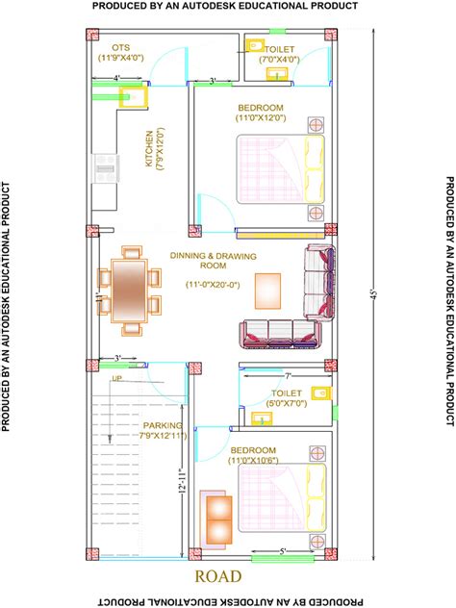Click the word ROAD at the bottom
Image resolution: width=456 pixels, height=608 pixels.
(218, 577)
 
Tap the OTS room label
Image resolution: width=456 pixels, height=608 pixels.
(120, 47)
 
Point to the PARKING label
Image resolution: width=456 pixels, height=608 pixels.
(163, 424)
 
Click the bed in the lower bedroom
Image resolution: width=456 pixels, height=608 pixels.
(281, 498)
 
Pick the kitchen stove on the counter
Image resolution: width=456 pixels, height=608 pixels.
(104, 169)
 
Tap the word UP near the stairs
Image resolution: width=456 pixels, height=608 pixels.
(117, 379)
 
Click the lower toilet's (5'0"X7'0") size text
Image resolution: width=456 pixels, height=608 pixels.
(286, 404)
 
